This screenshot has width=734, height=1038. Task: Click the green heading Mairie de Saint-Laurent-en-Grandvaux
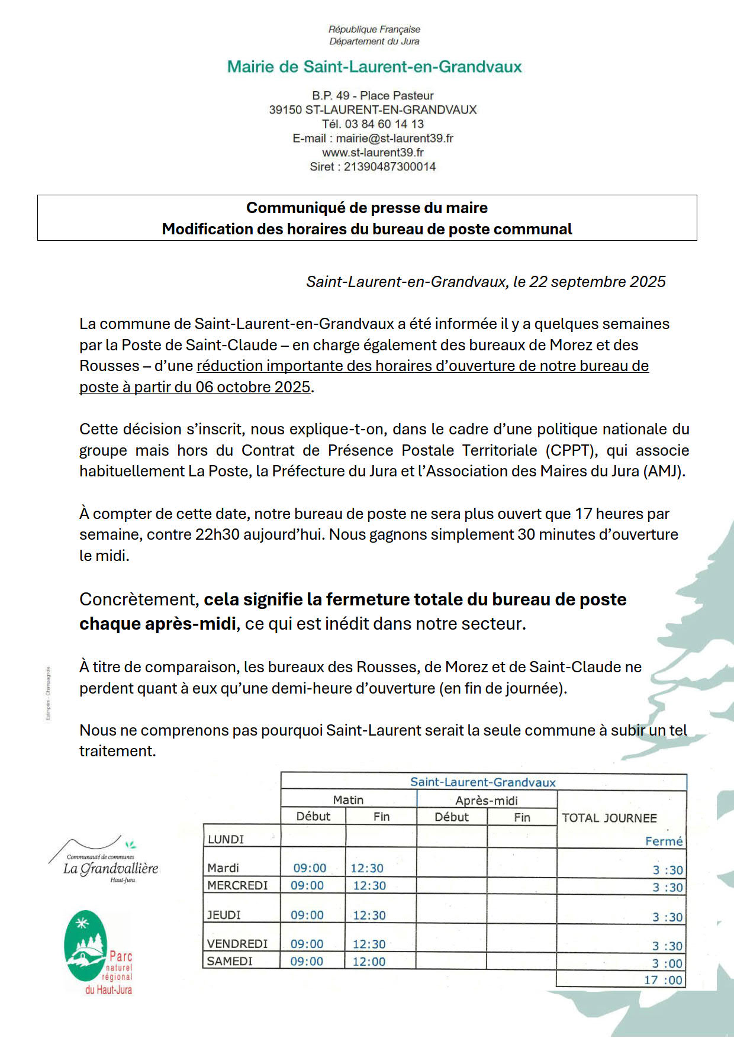click(x=374, y=67)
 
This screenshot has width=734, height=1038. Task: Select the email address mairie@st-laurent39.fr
click(x=395, y=138)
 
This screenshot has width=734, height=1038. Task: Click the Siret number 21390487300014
click(x=389, y=167)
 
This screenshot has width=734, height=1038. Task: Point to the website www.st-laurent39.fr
click(x=373, y=153)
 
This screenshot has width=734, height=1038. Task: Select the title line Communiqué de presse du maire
click(x=367, y=208)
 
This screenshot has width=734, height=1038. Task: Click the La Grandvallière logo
click(x=110, y=863)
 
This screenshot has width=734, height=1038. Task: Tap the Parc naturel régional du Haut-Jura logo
click(x=98, y=953)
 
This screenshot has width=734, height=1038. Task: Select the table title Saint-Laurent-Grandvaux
click(x=483, y=782)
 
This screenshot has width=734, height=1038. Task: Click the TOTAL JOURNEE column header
click(x=609, y=818)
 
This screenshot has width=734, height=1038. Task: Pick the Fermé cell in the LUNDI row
click(x=664, y=842)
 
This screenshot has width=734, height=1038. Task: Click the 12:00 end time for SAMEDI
click(x=369, y=962)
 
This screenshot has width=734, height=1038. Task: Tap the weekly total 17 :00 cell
click(x=663, y=980)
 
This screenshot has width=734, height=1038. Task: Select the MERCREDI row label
click(x=237, y=886)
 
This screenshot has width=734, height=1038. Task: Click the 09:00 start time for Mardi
click(x=310, y=868)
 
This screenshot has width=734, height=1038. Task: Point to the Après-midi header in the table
click(x=487, y=801)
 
